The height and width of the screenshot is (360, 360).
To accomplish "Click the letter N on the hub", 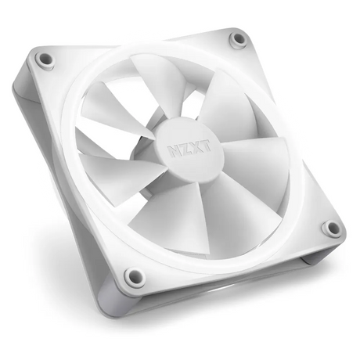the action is click(x=173, y=152).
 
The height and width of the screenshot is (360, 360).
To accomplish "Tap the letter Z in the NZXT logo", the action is click(x=184, y=149).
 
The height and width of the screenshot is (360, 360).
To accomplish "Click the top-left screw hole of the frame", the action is click(x=45, y=59).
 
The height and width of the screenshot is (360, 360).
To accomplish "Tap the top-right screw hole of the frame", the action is click(x=238, y=39).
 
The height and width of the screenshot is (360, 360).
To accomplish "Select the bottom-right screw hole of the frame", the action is click(x=332, y=229).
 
